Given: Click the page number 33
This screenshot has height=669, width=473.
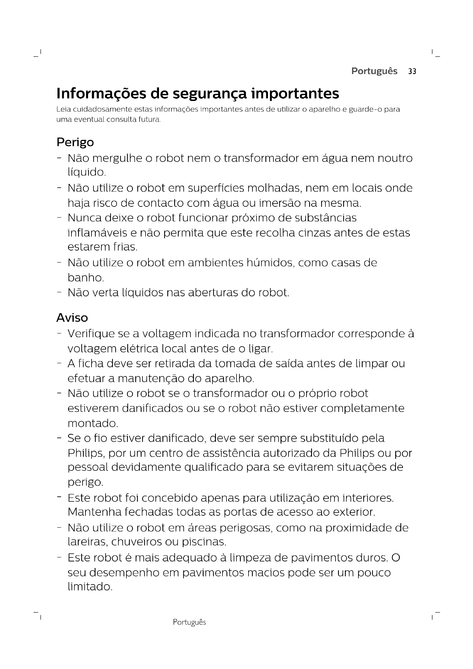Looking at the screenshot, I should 412,72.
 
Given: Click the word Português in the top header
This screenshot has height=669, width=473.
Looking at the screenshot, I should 374,71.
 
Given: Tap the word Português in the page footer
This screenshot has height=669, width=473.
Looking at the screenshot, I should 189,622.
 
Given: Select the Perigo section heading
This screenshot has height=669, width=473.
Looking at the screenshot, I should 75,142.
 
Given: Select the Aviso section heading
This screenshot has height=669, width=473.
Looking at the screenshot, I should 72,317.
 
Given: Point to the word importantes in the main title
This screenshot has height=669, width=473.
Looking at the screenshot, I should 295,94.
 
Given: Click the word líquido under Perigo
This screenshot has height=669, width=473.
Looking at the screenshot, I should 86,172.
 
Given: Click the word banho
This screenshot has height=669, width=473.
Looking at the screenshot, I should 85,278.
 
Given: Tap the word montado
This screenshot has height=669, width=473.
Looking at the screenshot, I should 92,423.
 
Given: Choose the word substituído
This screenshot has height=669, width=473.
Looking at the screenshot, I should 342,438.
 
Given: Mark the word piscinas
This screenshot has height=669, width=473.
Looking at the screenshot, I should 204,542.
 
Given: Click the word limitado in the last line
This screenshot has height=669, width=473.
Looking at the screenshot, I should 90,587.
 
